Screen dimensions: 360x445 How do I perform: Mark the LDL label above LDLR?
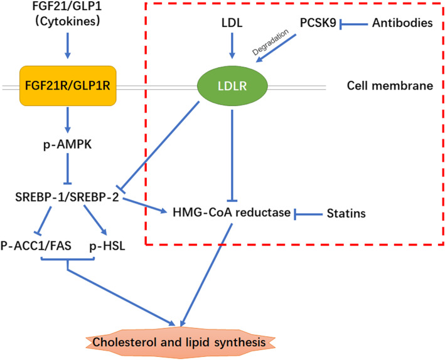pos(232,24)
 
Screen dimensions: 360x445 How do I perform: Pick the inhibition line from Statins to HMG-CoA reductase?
pos(309,214)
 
